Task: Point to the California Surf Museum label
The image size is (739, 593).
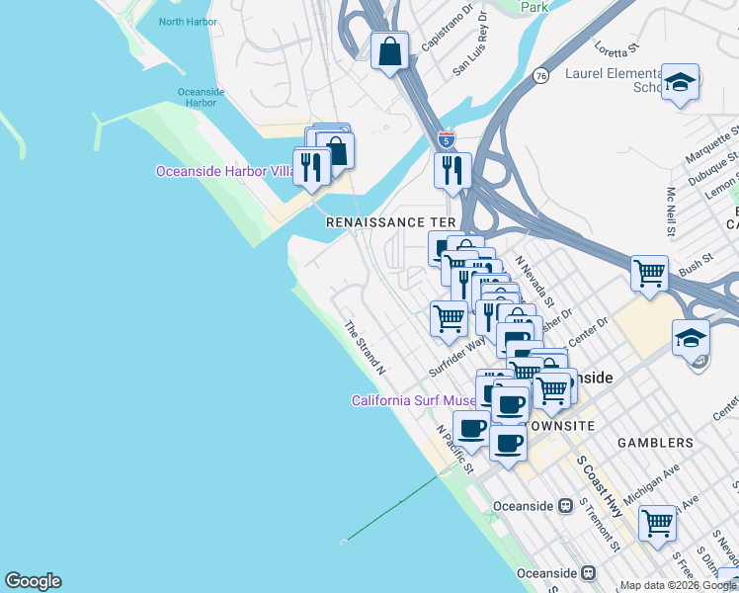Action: click(x=415, y=400)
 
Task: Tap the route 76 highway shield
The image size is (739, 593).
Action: click(x=540, y=75)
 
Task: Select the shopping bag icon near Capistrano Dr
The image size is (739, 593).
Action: click(x=390, y=50)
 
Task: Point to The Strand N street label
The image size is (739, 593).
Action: click(x=364, y=347)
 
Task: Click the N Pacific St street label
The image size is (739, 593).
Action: click(x=455, y=449)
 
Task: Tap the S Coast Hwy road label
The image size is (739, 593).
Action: click(x=600, y=486)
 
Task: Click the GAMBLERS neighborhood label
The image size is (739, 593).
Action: click(x=658, y=443)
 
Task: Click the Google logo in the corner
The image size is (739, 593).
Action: click(x=33, y=581)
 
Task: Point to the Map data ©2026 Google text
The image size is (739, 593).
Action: click(x=677, y=585)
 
